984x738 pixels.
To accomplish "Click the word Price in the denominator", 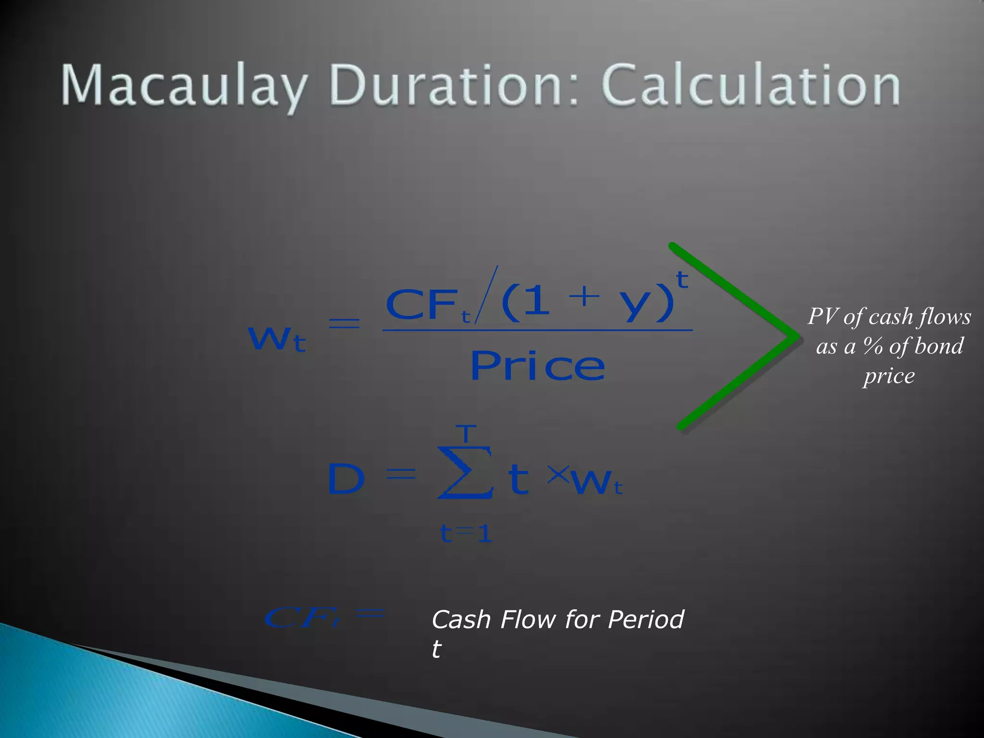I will [x=537, y=366].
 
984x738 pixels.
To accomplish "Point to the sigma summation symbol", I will [x=465, y=473].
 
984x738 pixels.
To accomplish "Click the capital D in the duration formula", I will [x=346, y=479].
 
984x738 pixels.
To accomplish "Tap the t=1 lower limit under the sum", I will [x=466, y=534].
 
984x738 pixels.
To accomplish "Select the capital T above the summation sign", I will [x=466, y=433].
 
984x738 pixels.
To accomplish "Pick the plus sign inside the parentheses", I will [x=584, y=296].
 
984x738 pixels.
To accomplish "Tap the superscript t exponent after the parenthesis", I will [x=682, y=280].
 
